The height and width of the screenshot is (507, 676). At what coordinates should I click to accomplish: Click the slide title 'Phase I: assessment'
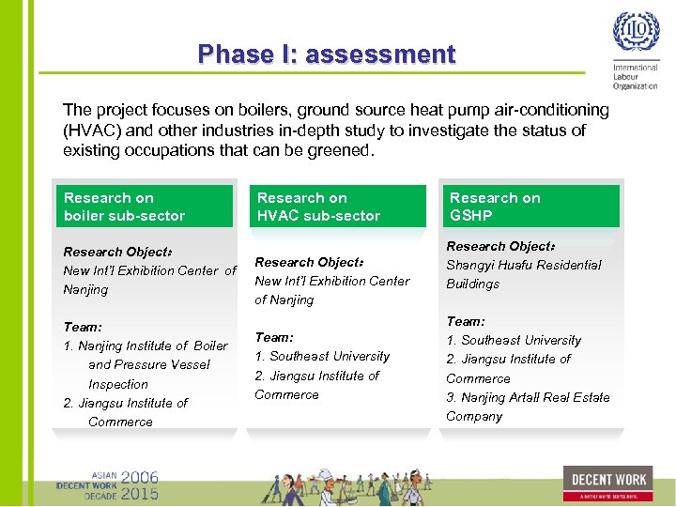327,54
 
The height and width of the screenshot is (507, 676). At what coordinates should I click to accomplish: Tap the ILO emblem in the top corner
636,34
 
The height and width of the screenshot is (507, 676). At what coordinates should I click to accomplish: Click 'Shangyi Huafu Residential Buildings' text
522,274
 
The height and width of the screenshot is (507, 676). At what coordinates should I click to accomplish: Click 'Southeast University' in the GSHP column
520,340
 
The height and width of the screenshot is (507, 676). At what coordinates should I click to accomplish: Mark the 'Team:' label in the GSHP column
466,321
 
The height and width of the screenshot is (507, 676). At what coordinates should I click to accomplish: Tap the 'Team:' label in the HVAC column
274,337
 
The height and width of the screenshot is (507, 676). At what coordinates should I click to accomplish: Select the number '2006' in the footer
139,477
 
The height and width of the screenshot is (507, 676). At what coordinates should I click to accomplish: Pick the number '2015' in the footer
139,493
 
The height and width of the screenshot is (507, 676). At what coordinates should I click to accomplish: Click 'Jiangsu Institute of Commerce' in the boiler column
128,412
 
